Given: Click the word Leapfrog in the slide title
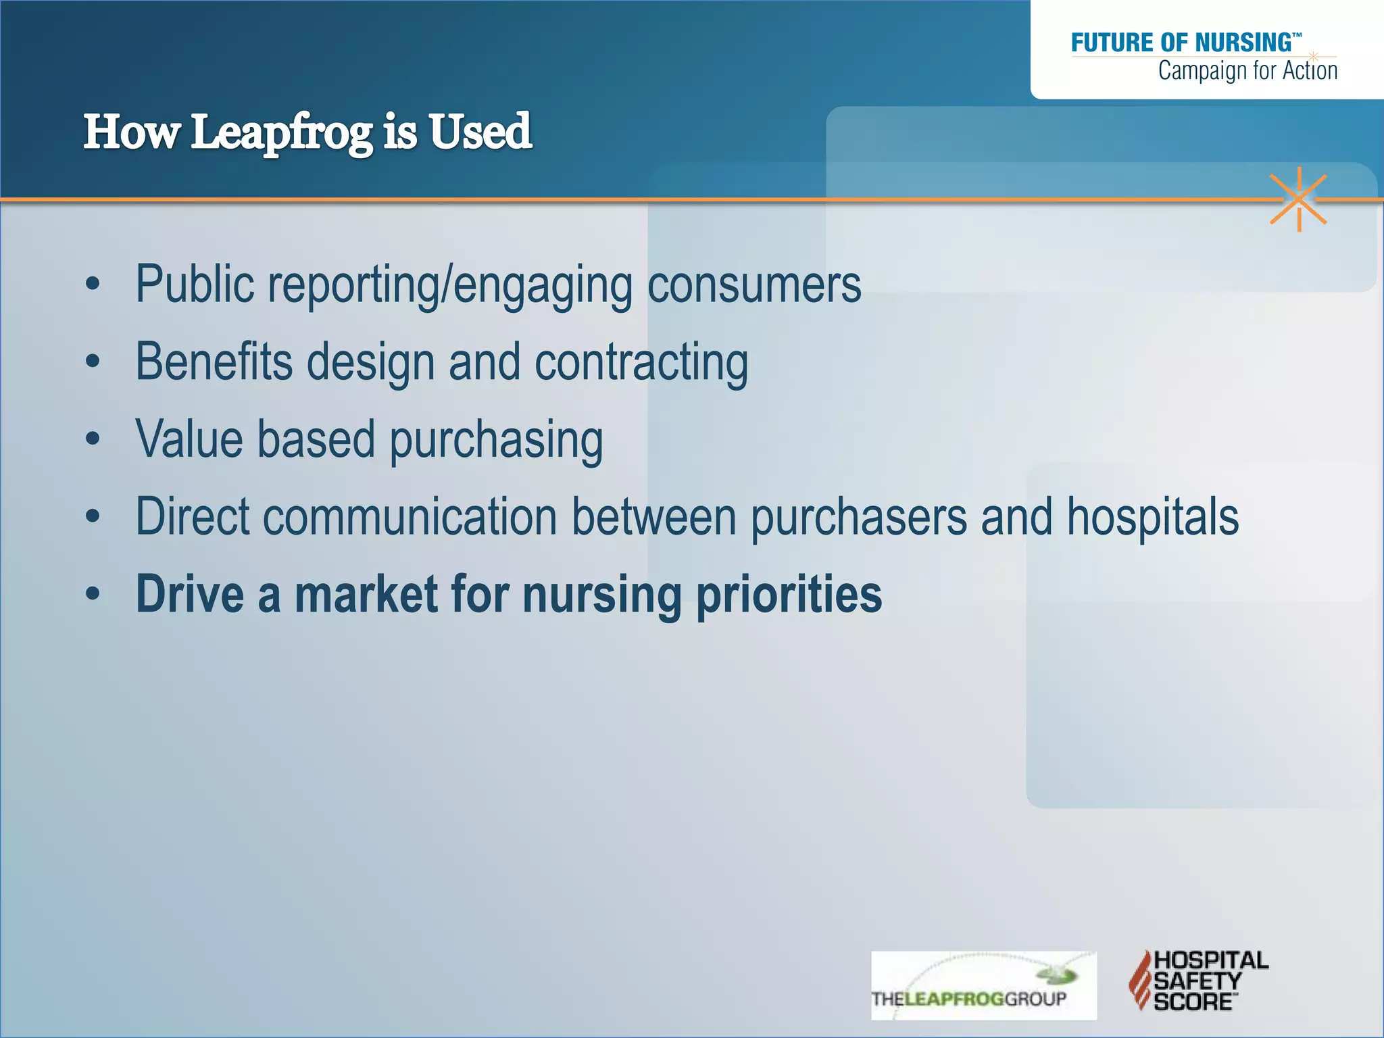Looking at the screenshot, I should (281, 133).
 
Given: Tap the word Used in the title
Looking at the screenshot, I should (480, 132).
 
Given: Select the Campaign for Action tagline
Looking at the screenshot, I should (1247, 71).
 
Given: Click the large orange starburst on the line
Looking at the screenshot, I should (1298, 199).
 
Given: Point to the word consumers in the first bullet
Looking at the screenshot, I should (754, 285).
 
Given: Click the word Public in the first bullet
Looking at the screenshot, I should (195, 285).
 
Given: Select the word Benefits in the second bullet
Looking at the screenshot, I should (214, 362).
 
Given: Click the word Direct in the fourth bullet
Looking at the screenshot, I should (193, 517).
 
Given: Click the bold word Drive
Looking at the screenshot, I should (190, 595).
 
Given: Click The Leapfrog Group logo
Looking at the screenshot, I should (983, 985).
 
